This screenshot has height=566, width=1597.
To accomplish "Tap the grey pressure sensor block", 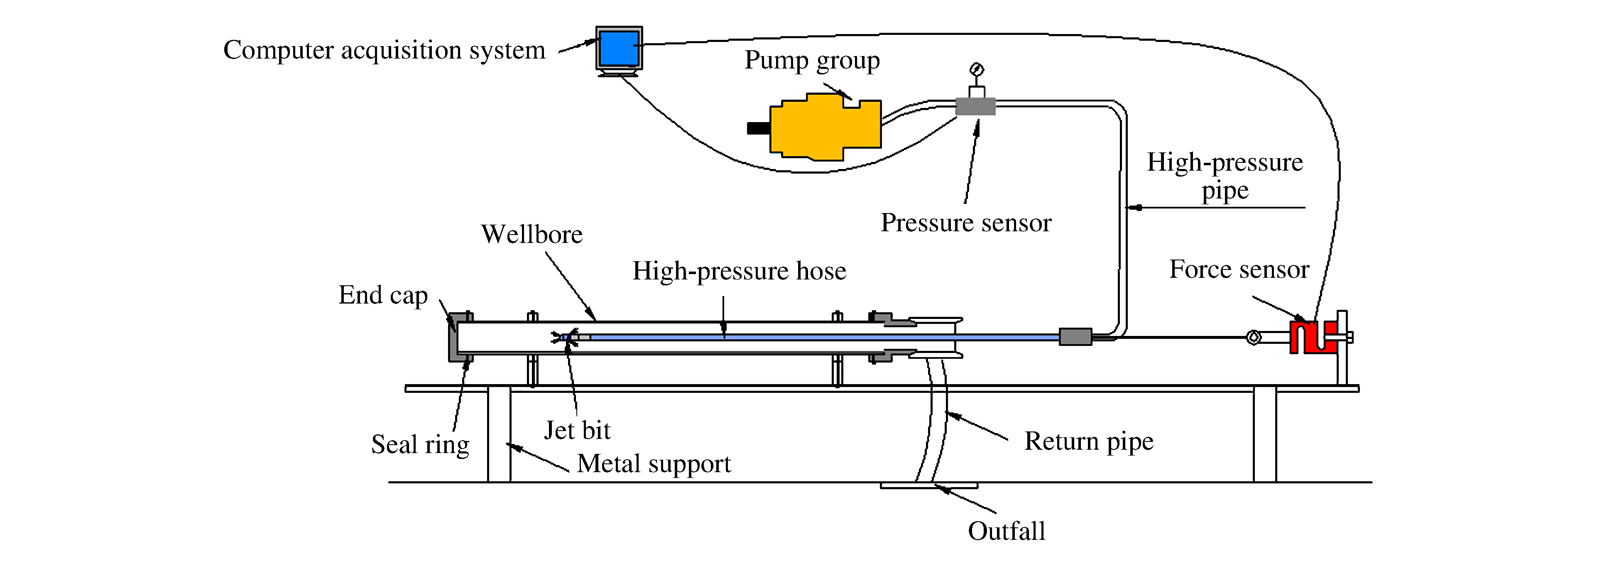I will [x=975, y=107].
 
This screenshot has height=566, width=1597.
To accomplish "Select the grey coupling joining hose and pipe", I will [x=1075, y=337].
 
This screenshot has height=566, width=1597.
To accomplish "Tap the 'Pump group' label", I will [x=812, y=60].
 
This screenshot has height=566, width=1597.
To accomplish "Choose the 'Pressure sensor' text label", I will [x=966, y=223].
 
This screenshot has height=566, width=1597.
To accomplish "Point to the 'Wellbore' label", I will [x=532, y=234].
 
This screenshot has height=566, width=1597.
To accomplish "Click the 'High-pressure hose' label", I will [x=739, y=271].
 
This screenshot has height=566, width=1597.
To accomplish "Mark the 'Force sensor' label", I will [x=1239, y=269].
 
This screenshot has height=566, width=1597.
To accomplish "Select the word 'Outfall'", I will [x=1006, y=531].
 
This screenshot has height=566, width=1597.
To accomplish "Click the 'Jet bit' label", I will [x=577, y=430].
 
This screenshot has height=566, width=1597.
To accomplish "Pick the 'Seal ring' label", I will [x=420, y=444].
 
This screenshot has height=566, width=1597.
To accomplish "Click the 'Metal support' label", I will [x=654, y=464].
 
